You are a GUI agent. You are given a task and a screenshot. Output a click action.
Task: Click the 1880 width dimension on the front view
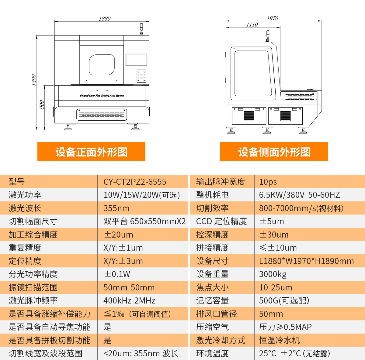(105, 19)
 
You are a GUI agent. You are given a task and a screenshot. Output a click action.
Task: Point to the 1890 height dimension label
(34, 80)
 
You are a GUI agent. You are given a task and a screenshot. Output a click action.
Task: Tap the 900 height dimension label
(42, 105)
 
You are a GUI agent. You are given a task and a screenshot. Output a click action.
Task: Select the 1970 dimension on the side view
(272, 19)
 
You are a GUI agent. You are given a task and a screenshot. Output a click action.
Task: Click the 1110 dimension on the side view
(252, 25)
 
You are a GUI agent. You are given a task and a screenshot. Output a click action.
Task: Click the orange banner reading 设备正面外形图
(91, 152)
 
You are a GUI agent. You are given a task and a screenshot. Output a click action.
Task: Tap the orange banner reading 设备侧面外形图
(274, 152)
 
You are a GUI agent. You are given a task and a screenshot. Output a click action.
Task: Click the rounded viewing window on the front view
(102, 65)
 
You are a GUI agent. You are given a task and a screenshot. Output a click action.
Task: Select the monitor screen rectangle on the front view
(137, 60)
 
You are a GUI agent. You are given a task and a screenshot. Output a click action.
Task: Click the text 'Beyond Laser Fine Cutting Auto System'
(102, 96)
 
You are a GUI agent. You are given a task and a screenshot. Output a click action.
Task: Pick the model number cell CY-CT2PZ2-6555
(135, 182)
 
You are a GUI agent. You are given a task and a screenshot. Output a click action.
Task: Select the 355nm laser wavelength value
(116, 208)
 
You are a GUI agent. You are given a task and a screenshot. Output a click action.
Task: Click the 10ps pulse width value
(268, 182)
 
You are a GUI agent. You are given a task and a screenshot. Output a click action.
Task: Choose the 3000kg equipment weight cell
(273, 274)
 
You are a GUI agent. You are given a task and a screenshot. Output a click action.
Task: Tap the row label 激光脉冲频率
(33, 301)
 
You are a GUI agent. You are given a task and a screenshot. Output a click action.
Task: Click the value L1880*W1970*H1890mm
(306, 261)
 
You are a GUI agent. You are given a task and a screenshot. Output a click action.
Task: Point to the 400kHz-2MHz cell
(129, 301)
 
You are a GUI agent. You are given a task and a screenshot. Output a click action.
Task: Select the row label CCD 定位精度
(221, 221)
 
